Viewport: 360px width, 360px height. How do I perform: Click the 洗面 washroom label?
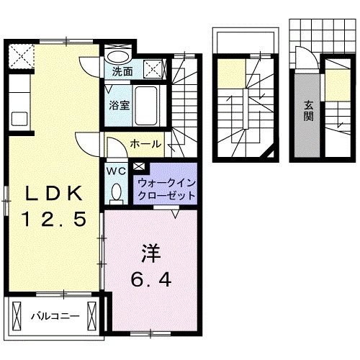tap(122, 72)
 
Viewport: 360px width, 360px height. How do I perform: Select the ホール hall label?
tap(145, 144)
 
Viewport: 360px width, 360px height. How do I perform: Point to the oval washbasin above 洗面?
tap(117, 56)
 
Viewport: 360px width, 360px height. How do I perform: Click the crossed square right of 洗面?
tap(152, 69)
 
